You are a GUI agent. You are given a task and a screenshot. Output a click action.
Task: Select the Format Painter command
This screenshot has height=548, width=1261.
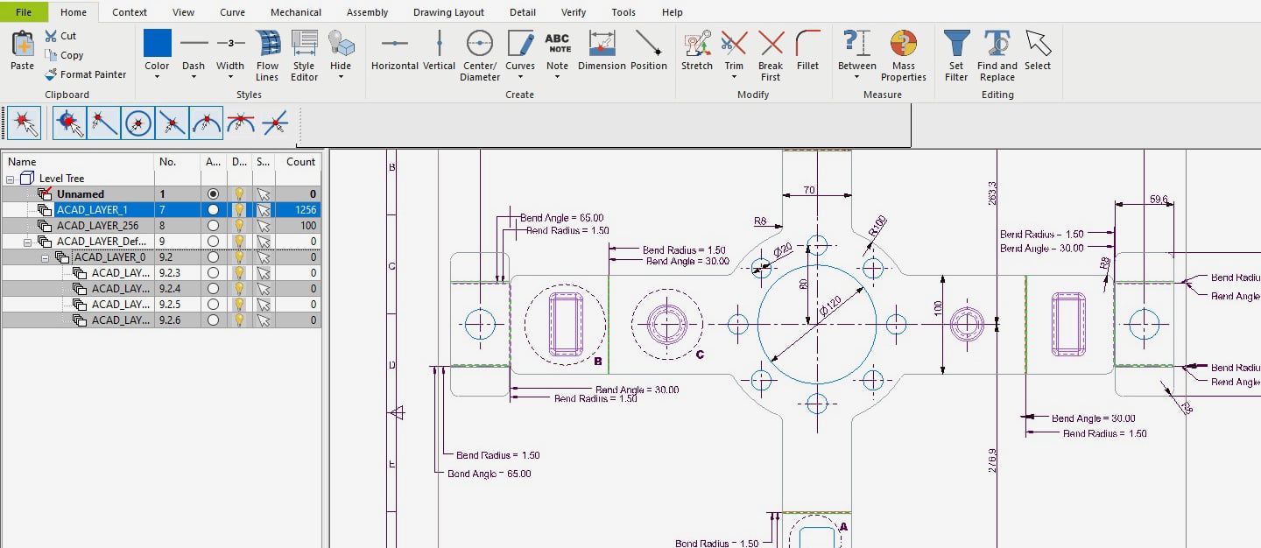(86, 74)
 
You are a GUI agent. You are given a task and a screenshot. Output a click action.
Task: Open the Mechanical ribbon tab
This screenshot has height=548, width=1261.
(295, 12)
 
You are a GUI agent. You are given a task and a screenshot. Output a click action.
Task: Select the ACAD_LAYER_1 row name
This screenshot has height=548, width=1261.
(92, 210)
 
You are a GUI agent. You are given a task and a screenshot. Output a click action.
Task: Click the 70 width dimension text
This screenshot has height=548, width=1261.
(808, 190)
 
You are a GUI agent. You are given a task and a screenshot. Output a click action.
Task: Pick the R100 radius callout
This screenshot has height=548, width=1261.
(877, 226)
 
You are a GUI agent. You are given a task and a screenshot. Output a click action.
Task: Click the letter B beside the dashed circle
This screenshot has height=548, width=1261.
(598, 361)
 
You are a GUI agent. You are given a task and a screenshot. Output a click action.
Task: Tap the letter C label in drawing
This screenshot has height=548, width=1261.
(700, 355)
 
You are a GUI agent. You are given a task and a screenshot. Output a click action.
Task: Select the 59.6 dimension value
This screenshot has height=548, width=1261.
(1158, 200)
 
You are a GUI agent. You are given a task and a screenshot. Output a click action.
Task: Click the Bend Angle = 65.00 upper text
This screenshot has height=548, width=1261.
(561, 218)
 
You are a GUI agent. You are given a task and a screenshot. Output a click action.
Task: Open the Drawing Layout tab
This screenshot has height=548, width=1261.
(448, 12)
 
